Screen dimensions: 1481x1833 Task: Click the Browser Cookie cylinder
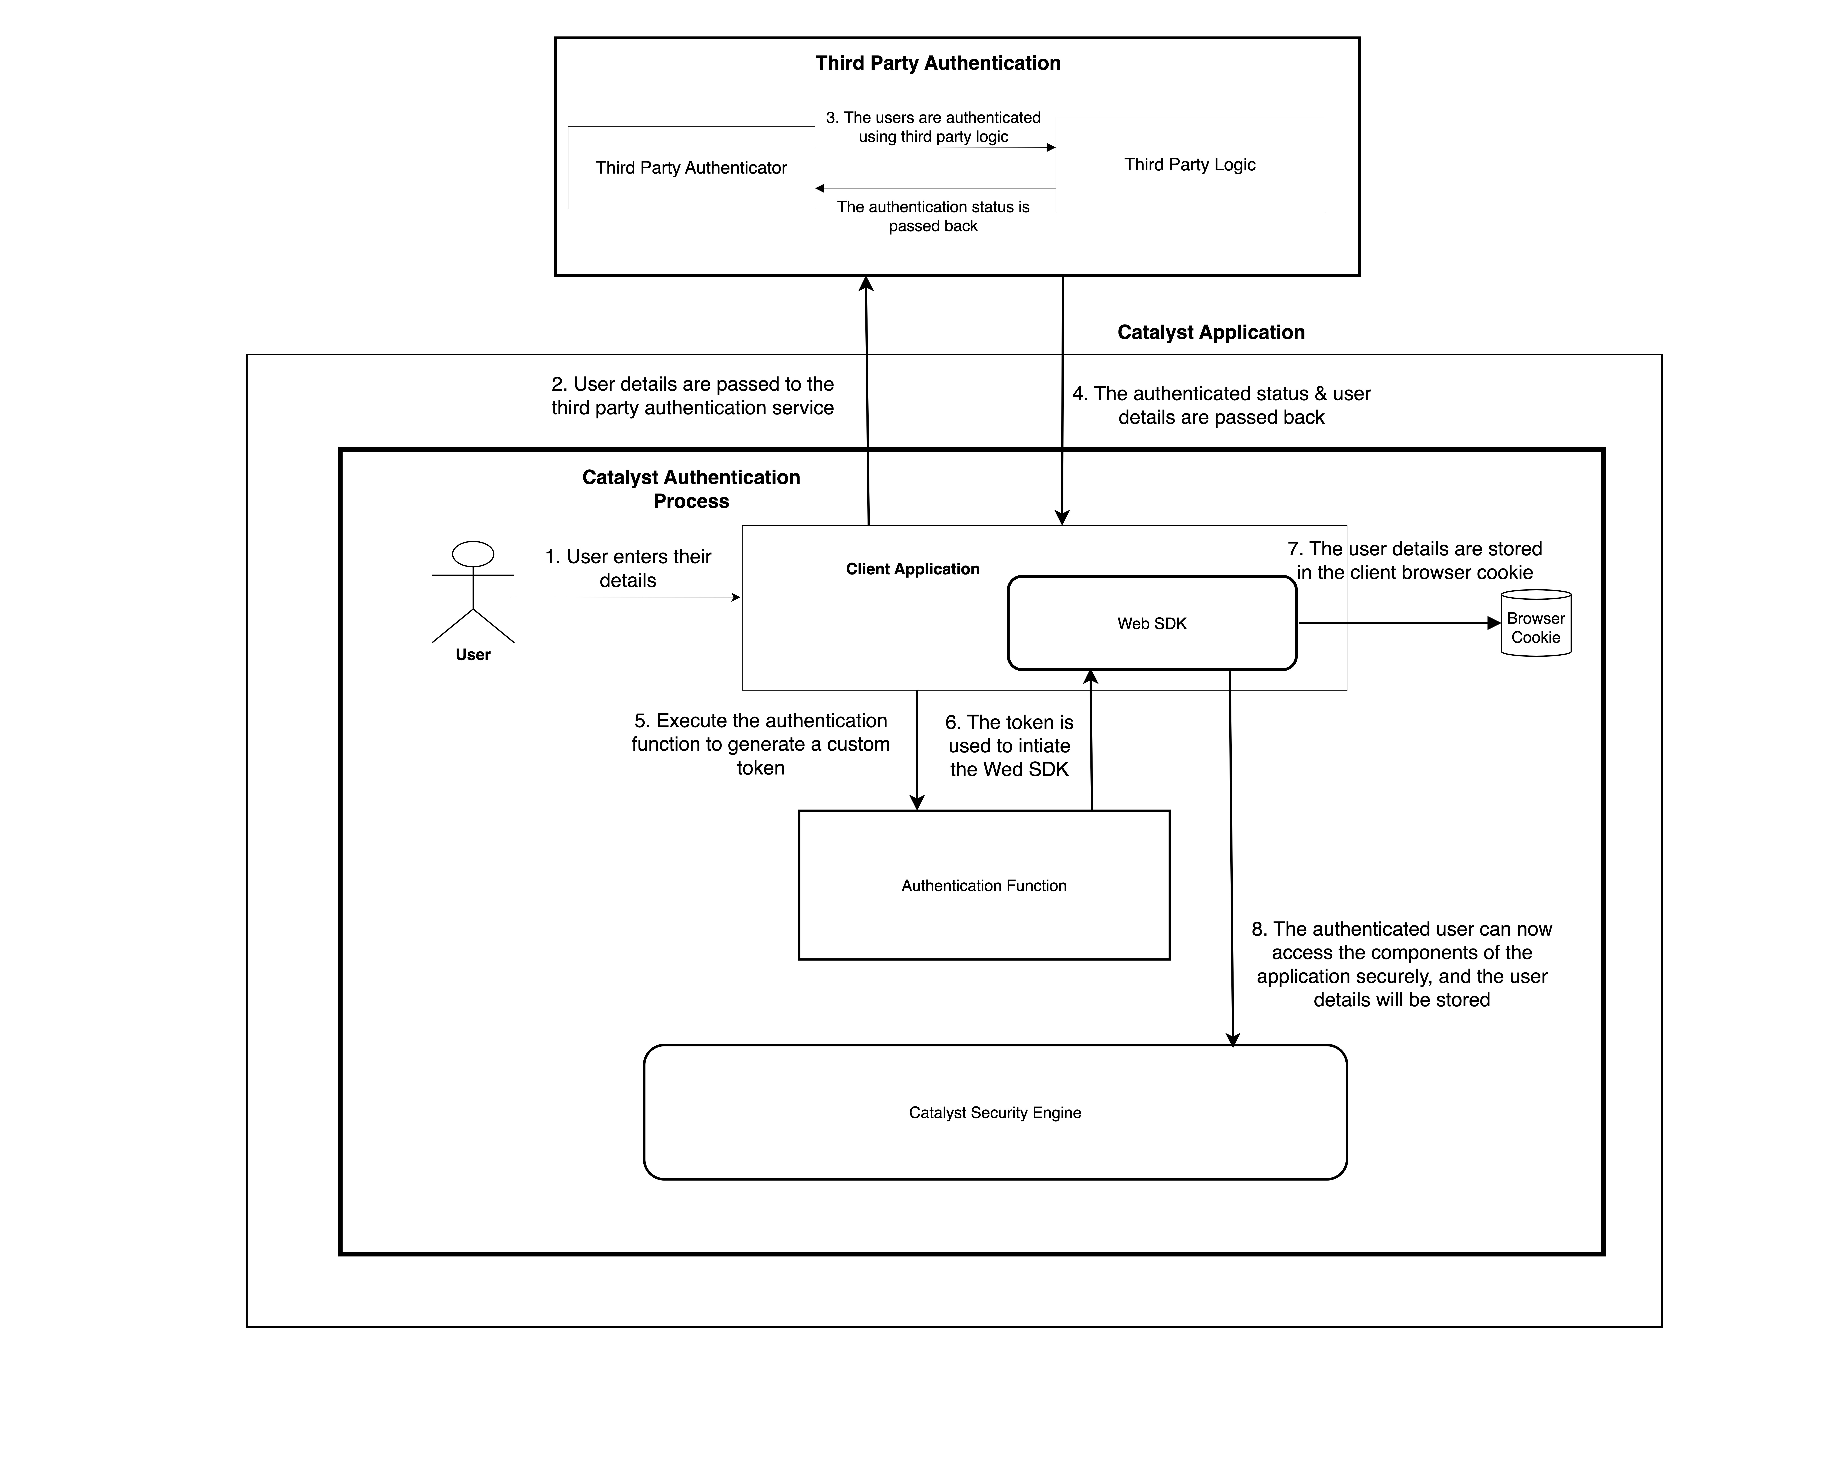coord(1535,627)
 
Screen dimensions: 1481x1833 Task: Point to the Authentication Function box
coord(983,886)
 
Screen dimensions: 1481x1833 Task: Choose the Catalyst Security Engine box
coord(995,1113)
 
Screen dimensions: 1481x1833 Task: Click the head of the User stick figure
coord(473,554)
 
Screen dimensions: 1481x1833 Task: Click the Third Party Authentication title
coord(937,63)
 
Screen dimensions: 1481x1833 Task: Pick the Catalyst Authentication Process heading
coord(691,489)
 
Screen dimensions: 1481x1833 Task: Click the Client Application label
coord(912,569)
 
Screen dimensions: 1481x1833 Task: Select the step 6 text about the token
coord(1009,746)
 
